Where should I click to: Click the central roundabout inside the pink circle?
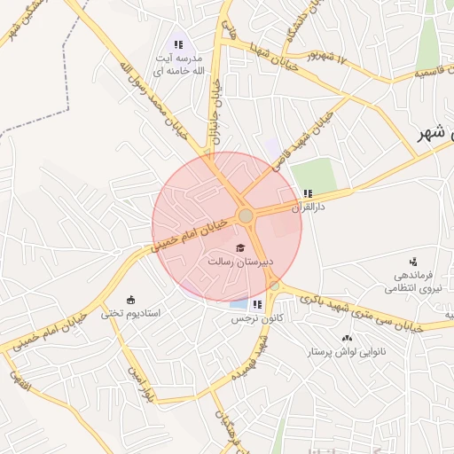246,215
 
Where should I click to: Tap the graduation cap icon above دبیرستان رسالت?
240,247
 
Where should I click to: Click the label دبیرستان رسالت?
240,262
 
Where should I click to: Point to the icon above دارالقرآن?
308,192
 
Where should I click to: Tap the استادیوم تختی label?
130,313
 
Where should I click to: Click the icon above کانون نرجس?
257,304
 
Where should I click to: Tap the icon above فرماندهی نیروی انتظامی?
413,262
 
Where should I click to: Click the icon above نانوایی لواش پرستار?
347,338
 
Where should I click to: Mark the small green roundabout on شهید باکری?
275,286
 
